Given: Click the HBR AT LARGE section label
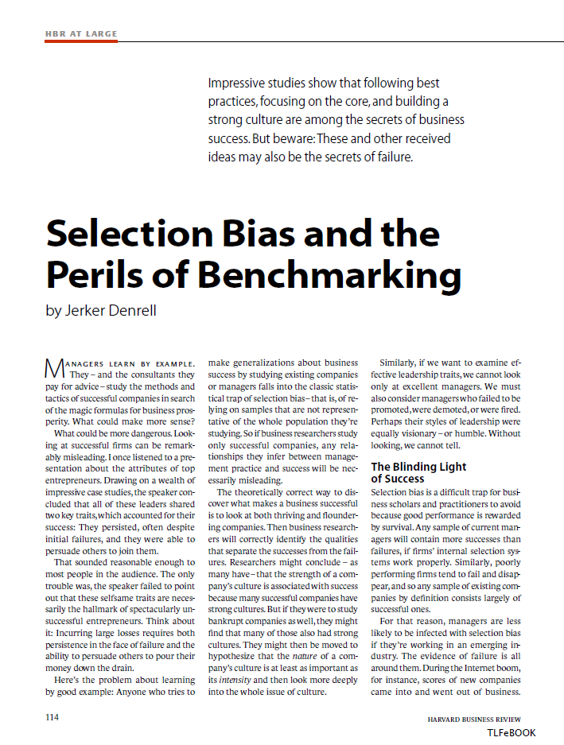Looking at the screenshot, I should point(80,33).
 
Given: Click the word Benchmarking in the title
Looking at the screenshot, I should point(329,275).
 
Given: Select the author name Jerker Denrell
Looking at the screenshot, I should point(100,311).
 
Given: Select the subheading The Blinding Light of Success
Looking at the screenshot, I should point(418,473).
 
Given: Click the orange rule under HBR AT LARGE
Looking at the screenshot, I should point(80,41).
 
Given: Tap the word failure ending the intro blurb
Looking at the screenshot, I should point(391,157).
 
